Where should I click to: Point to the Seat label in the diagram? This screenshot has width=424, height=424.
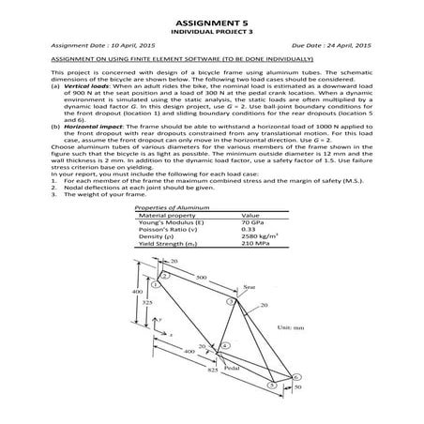tap(250, 288)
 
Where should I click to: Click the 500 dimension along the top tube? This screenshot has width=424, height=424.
tap(202, 279)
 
